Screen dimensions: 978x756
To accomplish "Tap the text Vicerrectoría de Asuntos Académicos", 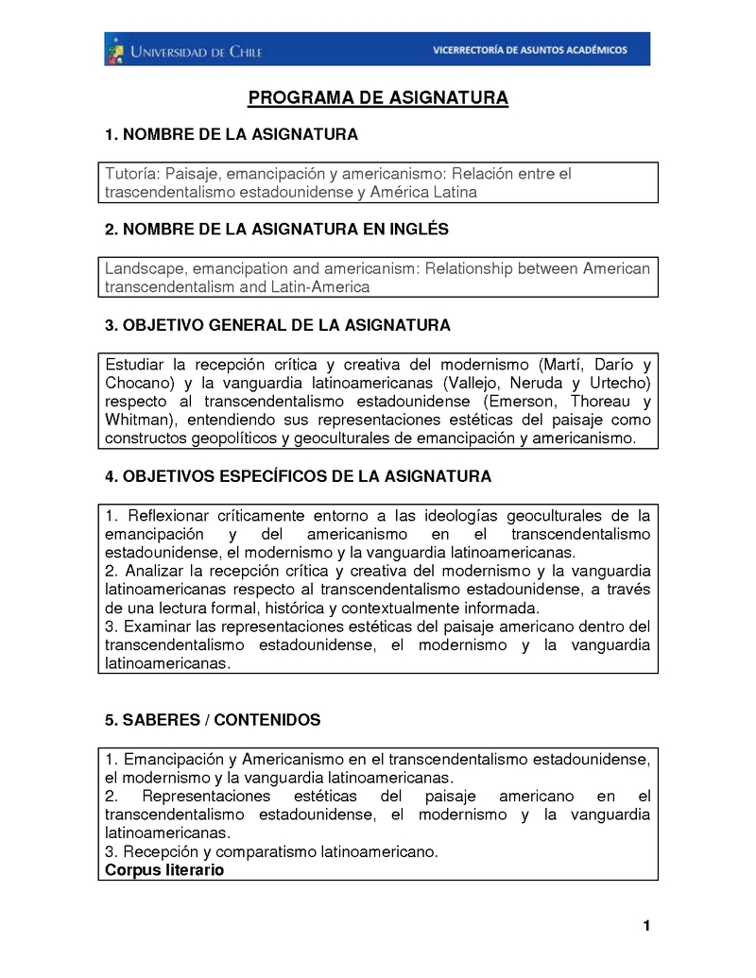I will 529,50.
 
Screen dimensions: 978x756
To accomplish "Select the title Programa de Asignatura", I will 378,98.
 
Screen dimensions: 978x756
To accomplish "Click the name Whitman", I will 138,420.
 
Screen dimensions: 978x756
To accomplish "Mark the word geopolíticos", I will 232,438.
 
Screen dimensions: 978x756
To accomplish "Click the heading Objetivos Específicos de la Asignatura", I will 298,477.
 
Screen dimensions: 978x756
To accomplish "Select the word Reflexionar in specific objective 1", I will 166,516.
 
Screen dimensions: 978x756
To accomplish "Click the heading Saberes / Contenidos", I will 213,720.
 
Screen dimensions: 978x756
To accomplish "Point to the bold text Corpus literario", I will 164,869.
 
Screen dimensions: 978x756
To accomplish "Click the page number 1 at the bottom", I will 647,926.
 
